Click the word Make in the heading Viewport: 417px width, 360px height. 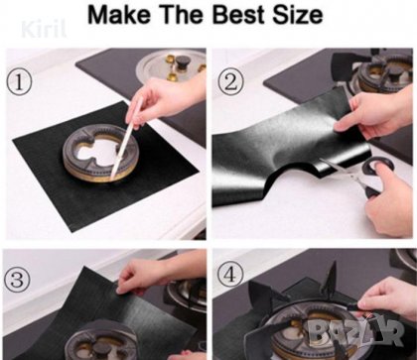tap(120, 15)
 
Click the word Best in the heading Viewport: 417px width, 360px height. tap(239, 15)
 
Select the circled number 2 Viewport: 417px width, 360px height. tap(231, 82)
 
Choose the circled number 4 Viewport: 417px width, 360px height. tap(230, 274)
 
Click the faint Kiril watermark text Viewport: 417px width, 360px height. tap(44, 30)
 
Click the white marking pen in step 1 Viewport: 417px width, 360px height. tap(127, 138)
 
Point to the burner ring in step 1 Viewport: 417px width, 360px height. tap(99, 153)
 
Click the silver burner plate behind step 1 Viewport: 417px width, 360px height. tap(171, 65)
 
